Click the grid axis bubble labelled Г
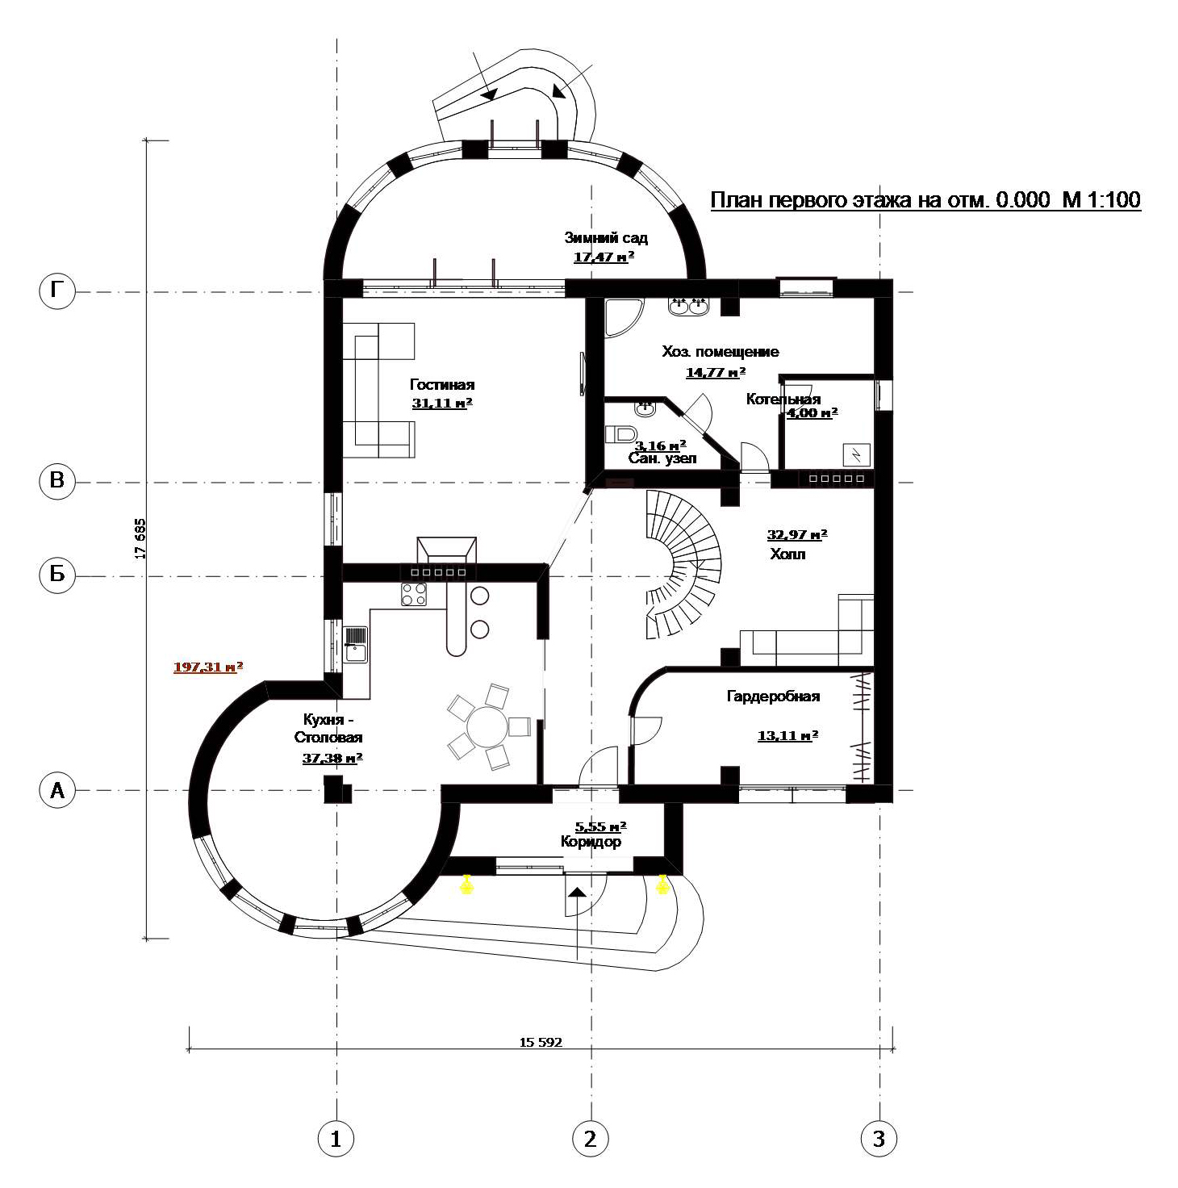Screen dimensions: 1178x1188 (56, 291)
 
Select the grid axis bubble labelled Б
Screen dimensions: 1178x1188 (56, 575)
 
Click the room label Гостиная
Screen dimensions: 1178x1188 (442, 385)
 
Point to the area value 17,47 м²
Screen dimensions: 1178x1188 (604, 257)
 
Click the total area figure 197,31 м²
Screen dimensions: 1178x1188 (207, 667)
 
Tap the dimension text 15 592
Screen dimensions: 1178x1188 (541, 1042)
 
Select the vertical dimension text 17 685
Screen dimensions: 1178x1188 (140, 539)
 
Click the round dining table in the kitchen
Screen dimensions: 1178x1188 (487, 727)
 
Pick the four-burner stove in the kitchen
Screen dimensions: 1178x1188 (414, 594)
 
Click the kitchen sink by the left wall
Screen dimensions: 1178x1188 (356, 644)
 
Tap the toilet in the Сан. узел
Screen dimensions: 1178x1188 (619, 434)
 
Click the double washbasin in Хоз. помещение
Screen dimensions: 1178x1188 (688, 305)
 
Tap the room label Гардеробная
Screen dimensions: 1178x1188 (773, 696)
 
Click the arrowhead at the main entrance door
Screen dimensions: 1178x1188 (577, 892)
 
